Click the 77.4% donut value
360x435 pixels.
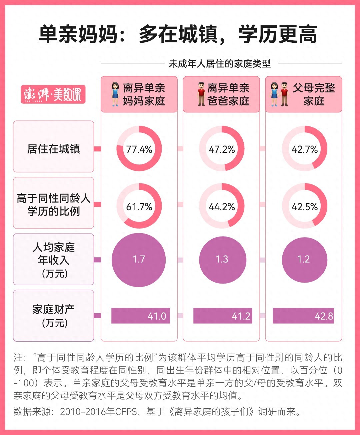click(x=139, y=149)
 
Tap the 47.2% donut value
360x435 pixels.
click(x=222, y=149)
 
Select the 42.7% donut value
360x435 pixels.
click(x=304, y=149)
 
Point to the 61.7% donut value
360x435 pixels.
click(x=139, y=207)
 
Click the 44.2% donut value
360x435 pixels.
click(x=222, y=207)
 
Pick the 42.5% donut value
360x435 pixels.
click(x=304, y=207)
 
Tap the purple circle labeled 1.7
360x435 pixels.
click(x=139, y=260)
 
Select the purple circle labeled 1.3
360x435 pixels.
click(x=222, y=260)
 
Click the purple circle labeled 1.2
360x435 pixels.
click(x=304, y=260)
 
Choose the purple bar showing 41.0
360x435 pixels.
click(x=140, y=316)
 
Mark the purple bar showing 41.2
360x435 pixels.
click(x=222, y=316)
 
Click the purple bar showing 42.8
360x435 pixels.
click(x=303, y=316)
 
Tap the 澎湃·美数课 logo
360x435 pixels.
click(x=53, y=94)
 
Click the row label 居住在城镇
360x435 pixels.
click(x=53, y=149)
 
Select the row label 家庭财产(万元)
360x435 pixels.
click(x=53, y=316)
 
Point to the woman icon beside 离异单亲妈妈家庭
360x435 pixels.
click(x=115, y=94)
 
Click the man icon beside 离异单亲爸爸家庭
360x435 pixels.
click(x=201, y=94)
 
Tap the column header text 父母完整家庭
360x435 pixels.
click(x=314, y=94)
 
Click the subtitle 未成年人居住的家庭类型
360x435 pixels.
click(x=220, y=63)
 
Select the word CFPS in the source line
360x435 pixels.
click(x=126, y=411)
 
